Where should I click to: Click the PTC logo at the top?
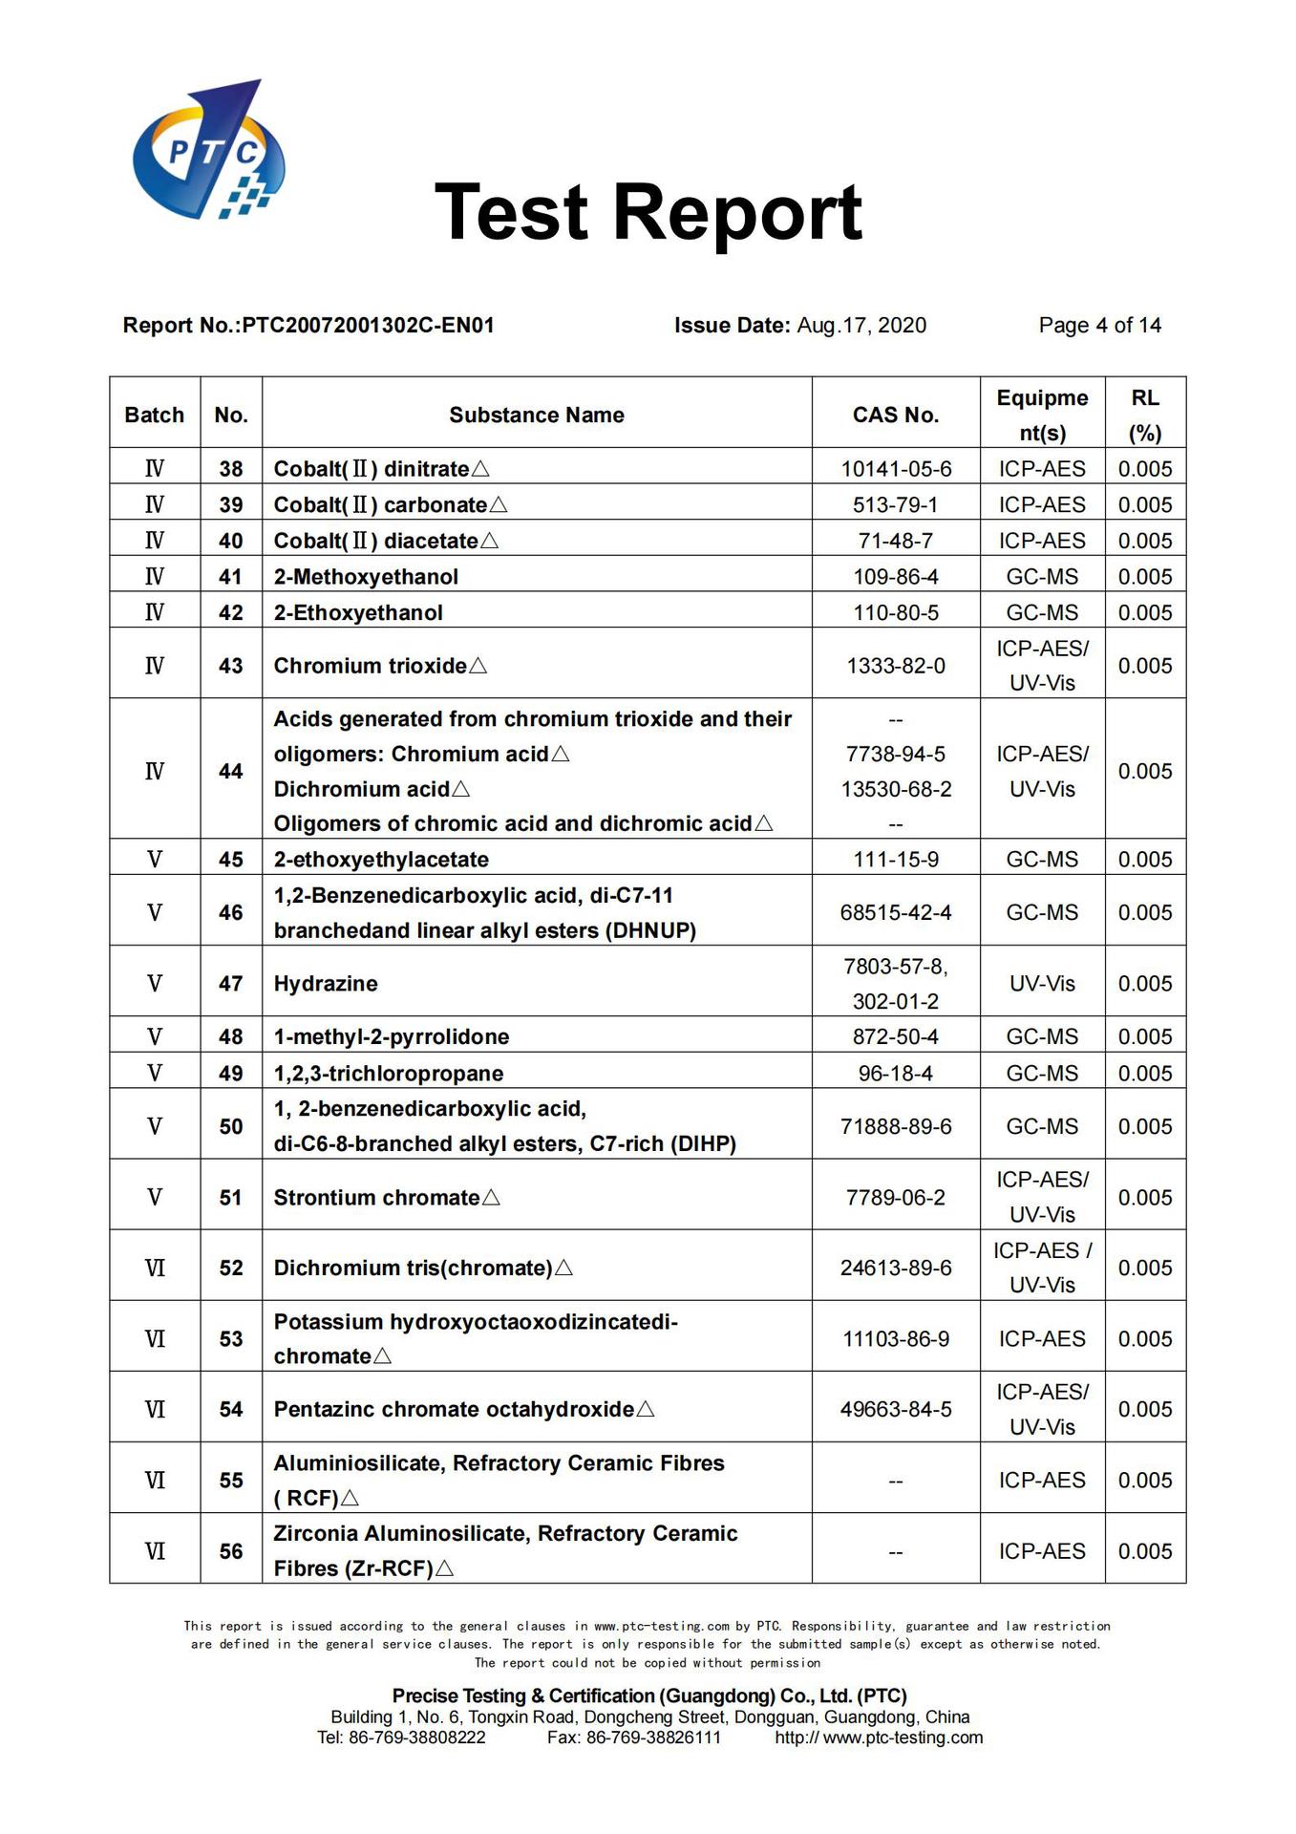click(x=208, y=151)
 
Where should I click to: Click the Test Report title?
click(x=648, y=212)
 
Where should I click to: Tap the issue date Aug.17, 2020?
click(x=860, y=326)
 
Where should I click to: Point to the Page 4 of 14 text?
click(x=1099, y=326)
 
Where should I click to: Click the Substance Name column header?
click(x=536, y=416)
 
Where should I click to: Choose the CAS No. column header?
click(x=895, y=416)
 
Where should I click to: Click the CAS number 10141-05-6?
click(x=895, y=469)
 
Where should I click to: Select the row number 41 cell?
click(x=231, y=577)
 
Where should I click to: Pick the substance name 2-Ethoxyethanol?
click(x=358, y=613)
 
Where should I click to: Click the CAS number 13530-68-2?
click(x=895, y=790)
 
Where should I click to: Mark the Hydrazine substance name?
click(x=326, y=984)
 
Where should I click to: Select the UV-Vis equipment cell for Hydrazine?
click(x=1042, y=984)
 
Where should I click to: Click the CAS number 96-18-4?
click(x=895, y=1074)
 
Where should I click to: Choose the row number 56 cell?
click(x=231, y=1551)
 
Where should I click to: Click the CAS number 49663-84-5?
click(x=895, y=1410)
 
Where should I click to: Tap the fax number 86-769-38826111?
click(x=653, y=1738)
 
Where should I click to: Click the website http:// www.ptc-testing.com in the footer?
click(x=879, y=1738)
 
